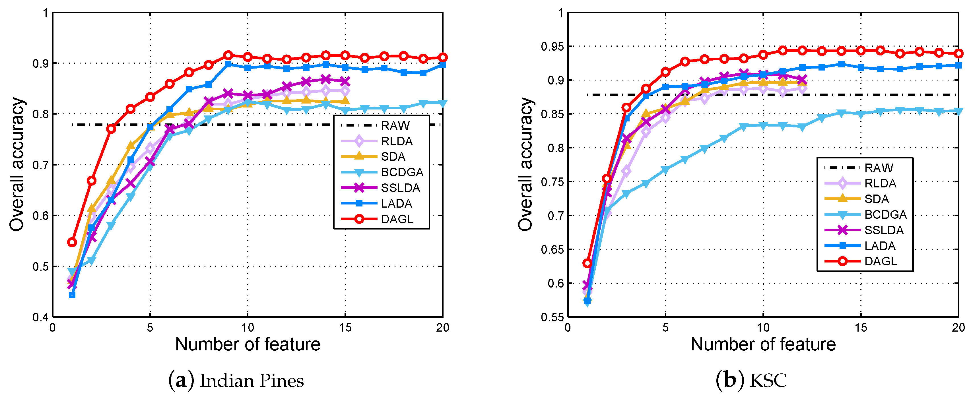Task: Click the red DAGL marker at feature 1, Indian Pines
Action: [72, 242]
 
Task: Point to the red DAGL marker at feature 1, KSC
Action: [587, 263]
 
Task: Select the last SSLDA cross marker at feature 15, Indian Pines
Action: [345, 81]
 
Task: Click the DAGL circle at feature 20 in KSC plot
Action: [958, 53]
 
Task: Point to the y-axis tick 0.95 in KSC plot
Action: [552, 47]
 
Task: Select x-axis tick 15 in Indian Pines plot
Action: [345, 328]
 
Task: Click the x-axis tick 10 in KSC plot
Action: [763, 328]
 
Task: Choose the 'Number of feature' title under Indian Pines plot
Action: [248, 344]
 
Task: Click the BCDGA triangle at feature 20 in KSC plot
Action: [958, 111]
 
